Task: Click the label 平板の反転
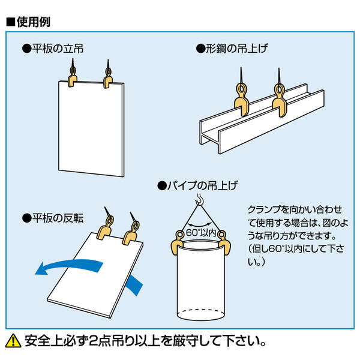click(x=56, y=217)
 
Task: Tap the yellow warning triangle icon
click(x=13, y=342)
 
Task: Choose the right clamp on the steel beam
click(x=279, y=103)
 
